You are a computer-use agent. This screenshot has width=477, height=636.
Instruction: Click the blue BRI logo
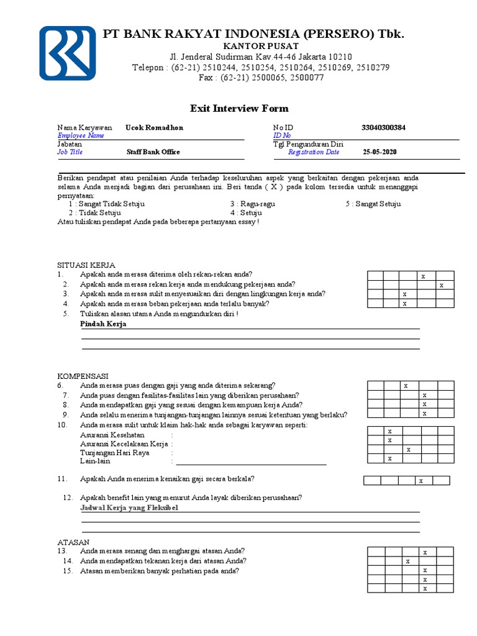click(x=68, y=53)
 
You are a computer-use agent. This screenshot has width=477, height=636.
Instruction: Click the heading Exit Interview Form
click(x=239, y=108)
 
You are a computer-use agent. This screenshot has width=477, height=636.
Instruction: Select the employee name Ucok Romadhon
click(x=154, y=127)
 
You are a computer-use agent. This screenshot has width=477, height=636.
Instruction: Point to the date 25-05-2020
click(x=379, y=152)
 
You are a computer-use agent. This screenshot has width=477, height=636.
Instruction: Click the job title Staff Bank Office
click(x=153, y=152)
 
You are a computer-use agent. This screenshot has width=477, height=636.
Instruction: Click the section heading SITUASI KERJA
click(x=86, y=265)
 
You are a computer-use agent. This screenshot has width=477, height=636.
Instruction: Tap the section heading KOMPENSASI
click(x=83, y=376)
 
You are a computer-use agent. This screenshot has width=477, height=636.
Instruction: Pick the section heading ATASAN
click(x=74, y=542)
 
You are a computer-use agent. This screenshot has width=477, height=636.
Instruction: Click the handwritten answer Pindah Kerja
click(x=103, y=324)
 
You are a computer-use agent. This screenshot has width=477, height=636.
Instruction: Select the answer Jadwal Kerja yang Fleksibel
click(x=129, y=507)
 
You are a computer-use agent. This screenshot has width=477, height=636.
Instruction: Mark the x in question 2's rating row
click(x=441, y=285)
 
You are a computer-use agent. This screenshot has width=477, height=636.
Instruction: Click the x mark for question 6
click(x=406, y=386)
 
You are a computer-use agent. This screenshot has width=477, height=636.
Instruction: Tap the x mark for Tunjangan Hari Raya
click(x=408, y=449)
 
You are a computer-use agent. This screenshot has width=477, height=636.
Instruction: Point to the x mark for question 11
click(x=420, y=480)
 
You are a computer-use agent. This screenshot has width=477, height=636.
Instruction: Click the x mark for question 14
click(x=407, y=561)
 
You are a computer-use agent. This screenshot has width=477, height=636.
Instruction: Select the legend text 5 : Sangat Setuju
click(x=373, y=204)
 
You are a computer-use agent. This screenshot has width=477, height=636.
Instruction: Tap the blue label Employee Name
click(x=81, y=135)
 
